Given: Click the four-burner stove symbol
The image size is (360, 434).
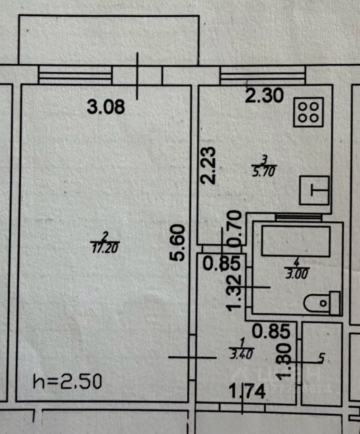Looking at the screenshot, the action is [x=309, y=112].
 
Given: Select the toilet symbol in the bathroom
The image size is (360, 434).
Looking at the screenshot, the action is [x=322, y=303].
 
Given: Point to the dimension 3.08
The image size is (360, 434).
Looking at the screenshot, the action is [x=105, y=108].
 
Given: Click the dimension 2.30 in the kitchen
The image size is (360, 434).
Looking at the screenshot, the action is [x=265, y=96].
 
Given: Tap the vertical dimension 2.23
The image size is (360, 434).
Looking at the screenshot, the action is [x=209, y=166].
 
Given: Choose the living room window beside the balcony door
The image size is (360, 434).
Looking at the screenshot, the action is [x=75, y=75].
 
